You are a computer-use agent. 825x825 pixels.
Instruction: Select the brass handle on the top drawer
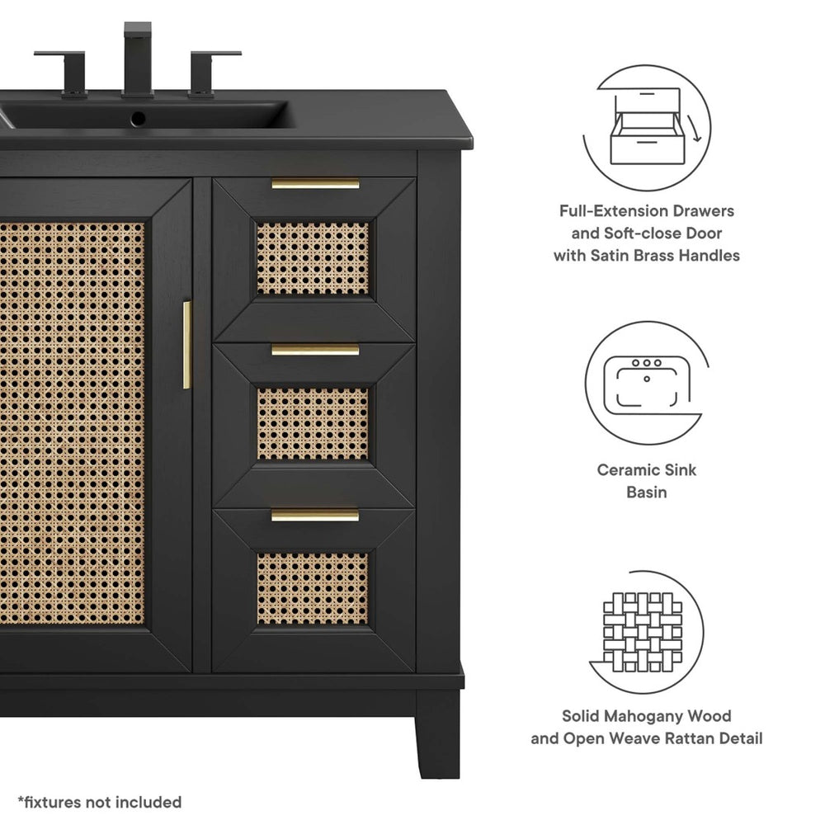pyautogui.click(x=315, y=184)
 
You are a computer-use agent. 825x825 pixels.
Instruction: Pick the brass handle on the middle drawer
pyautogui.click(x=315, y=350)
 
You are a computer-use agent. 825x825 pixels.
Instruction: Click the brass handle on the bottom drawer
pyautogui.click(x=315, y=516)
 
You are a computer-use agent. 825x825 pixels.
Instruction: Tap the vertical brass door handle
pyautogui.click(x=187, y=344)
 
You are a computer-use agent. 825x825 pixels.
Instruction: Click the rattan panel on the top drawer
pyautogui.click(x=313, y=258)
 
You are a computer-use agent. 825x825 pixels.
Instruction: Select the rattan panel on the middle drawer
pyautogui.click(x=313, y=423)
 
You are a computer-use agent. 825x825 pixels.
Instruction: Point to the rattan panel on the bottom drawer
pyautogui.click(x=313, y=588)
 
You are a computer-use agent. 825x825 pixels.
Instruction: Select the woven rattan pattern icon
pyautogui.click(x=643, y=631)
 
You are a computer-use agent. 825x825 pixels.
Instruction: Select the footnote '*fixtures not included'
pyautogui.click(x=100, y=802)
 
